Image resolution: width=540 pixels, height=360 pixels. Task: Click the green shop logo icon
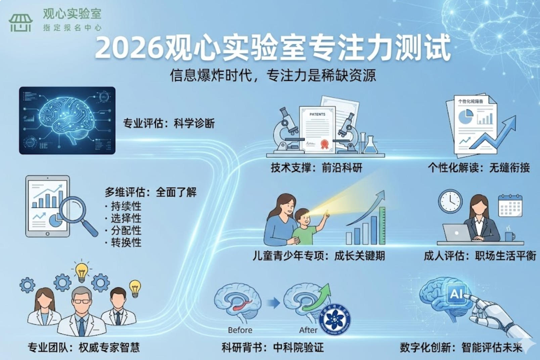20,23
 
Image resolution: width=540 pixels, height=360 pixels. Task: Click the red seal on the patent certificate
324,144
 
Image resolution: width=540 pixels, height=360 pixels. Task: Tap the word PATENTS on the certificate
317,115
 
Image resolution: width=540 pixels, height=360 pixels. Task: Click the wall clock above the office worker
450,201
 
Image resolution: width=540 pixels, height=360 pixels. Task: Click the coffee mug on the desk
509,236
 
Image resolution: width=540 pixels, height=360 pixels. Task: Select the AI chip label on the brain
456,294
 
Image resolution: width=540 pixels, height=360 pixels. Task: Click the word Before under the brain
240,330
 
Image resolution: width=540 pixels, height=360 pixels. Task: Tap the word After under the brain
308,330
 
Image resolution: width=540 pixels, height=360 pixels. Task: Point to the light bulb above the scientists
81,271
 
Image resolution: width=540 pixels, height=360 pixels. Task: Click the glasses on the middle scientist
82,301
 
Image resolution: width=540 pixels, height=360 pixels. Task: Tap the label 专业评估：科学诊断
169,124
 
